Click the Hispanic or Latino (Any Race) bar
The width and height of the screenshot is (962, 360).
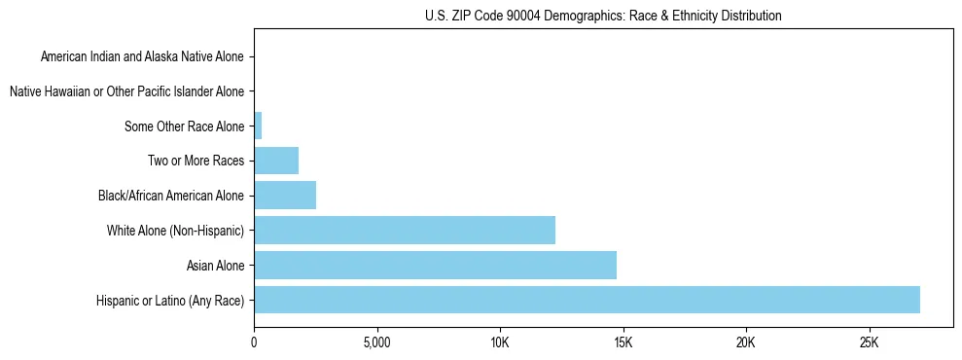point(587,300)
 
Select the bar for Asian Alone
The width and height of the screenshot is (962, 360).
point(435,265)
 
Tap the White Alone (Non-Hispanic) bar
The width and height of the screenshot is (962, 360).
point(405,230)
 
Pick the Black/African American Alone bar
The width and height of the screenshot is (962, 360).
point(285,195)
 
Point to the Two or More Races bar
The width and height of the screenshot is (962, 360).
point(276,161)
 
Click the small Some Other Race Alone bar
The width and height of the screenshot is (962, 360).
point(258,126)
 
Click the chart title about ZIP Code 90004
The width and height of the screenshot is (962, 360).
point(603,16)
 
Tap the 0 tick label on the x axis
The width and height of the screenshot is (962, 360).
point(254,343)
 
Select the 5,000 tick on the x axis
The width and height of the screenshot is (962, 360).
point(376,343)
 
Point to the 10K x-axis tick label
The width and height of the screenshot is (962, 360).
point(500,343)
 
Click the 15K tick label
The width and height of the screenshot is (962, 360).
point(623,343)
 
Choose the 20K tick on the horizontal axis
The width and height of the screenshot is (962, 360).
point(746,343)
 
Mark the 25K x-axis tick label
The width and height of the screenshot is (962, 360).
point(869,343)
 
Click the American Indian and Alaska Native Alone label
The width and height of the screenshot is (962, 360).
point(142,56)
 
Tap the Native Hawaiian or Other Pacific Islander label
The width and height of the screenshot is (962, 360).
point(126,91)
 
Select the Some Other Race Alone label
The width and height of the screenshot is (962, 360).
point(185,126)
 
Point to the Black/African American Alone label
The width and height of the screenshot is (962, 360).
point(171,196)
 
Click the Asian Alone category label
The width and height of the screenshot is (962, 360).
point(216,265)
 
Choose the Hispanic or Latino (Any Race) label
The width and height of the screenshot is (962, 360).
point(170,300)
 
